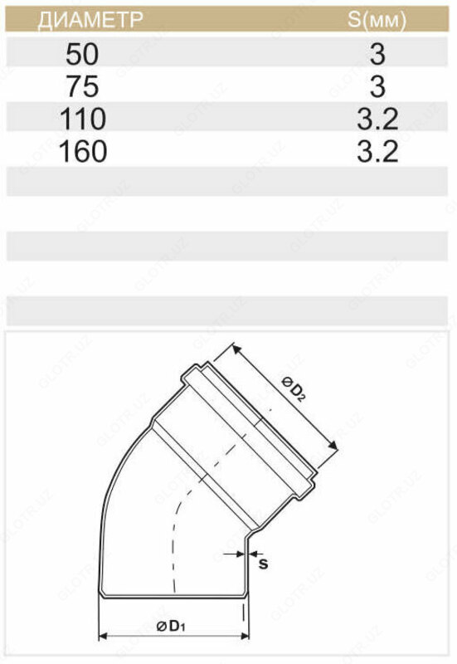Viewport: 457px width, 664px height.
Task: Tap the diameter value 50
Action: [82, 55]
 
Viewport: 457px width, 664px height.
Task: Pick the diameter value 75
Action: [82, 87]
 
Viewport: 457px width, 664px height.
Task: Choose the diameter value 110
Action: [82, 120]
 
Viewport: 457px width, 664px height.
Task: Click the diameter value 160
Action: [82, 152]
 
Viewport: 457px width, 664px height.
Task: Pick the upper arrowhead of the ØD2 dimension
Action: [236, 346]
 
